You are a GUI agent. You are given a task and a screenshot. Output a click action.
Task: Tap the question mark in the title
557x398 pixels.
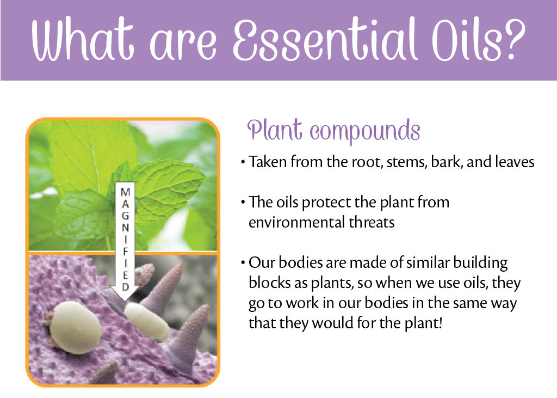coord(512,41)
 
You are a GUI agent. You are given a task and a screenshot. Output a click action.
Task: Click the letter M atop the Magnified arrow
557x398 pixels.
coord(125,192)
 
